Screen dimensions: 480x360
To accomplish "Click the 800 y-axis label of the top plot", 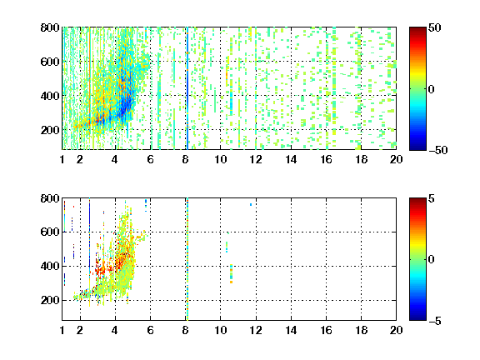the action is tap(50, 27).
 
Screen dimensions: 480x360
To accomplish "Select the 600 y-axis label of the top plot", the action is tap(50, 62).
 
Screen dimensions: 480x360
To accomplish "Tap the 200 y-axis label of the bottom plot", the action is tap(50, 300).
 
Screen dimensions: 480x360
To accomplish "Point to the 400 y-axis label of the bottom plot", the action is tap(50, 266).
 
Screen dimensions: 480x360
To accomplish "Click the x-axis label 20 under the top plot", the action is tap(396, 159).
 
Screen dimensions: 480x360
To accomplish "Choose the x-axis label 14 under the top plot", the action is tap(291, 159).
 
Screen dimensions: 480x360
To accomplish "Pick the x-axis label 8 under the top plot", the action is tap(185, 159).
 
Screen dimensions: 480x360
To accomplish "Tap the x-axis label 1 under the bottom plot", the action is tap(62, 330).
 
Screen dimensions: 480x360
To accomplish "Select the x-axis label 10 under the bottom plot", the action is tap(220, 330).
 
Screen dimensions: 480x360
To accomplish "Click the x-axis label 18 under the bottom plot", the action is tap(361, 330).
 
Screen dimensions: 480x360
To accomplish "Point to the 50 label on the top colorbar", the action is tap(435, 28).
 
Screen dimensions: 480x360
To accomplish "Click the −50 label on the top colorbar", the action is tap(438, 150).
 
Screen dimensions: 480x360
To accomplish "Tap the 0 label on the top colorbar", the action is tap(432, 89).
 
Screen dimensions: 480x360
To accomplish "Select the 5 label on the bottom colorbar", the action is tap(432, 199).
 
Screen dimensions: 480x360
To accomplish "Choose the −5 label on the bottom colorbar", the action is tap(435, 321).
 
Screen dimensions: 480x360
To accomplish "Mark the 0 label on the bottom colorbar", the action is tap(432, 260).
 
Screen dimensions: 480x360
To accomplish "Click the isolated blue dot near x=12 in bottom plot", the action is tap(251, 204).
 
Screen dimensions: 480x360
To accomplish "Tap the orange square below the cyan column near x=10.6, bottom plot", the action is tap(231, 282).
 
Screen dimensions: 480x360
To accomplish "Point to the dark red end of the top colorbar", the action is tap(417, 29).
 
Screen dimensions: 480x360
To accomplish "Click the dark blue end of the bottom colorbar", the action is tap(417, 318).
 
